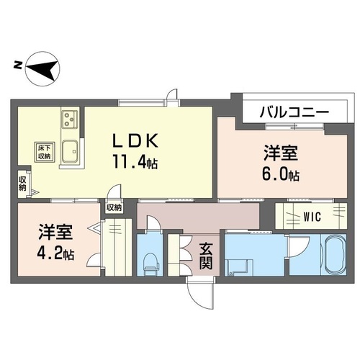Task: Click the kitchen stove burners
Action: click(71, 117)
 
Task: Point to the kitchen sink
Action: click(71, 152)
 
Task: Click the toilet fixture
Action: click(151, 264)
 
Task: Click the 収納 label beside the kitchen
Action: click(23, 182)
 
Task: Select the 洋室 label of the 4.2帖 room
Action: click(55, 234)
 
